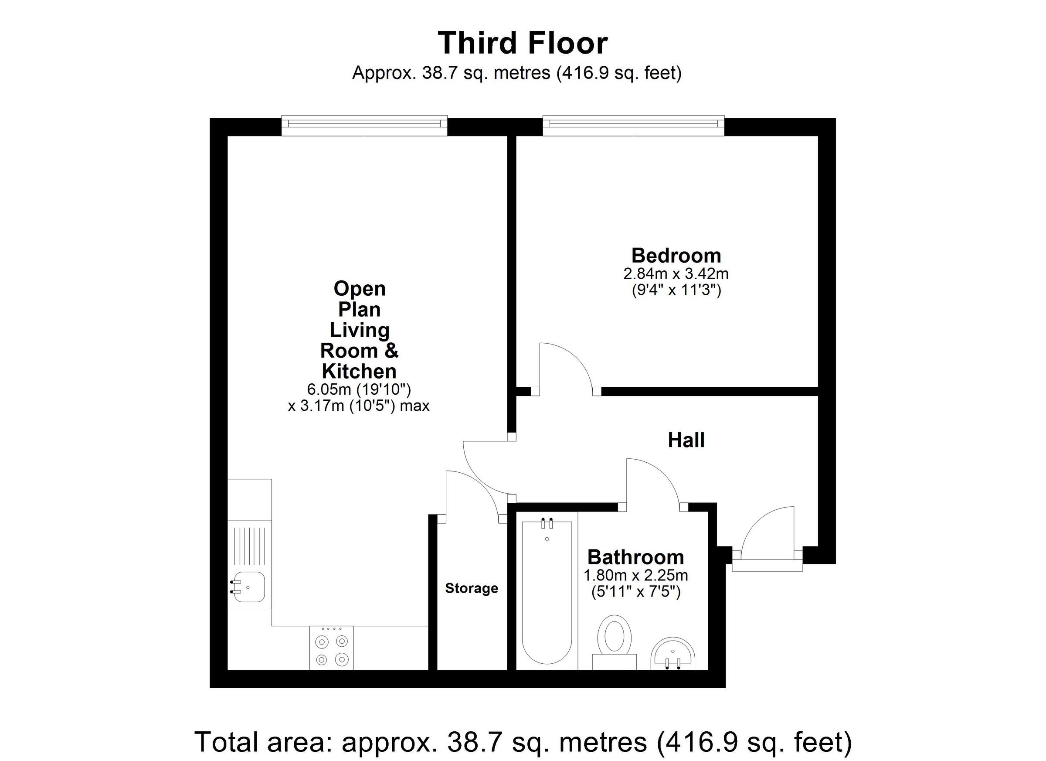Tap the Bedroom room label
coord(676,255)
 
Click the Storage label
coord(471,588)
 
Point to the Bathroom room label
coord(635,557)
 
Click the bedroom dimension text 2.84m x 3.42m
coord(676,274)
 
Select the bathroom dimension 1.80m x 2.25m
coord(635,576)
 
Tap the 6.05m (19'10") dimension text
coord(358,389)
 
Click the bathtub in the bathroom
coord(547,595)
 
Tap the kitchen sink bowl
coord(249,587)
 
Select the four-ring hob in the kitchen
coord(331,648)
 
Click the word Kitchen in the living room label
coord(358,371)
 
